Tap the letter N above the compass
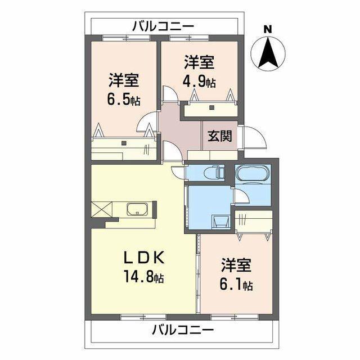click(268, 29)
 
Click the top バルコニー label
click(163, 26)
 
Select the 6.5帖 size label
click(124, 100)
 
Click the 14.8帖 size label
click(143, 277)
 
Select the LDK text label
click(143, 258)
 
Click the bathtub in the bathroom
click(253, 174)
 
